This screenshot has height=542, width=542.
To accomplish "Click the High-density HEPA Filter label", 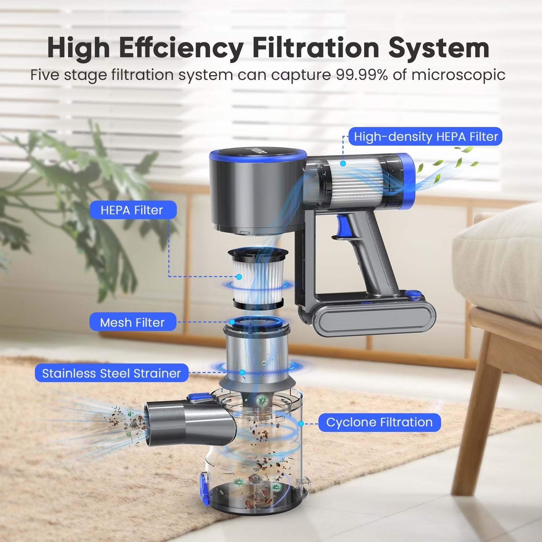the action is point(425,137).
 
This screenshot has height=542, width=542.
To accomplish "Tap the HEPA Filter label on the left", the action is point(133,210).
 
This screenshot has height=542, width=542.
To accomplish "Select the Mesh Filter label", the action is point(133,322).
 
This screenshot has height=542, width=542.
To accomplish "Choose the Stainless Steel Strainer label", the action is point(111,373).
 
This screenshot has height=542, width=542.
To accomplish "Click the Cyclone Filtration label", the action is point(379,422).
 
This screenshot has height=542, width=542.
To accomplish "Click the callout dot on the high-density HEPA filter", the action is point(343,163).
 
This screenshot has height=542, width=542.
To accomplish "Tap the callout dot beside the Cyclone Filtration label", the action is point(300,423).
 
